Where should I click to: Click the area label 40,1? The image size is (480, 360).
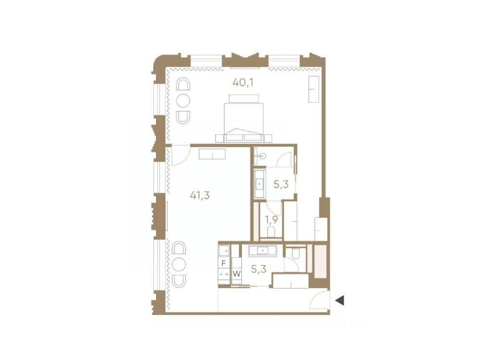(243, 83)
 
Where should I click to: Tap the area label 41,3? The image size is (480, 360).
(200, 195)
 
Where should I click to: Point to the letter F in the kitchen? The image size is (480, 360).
(224, 263)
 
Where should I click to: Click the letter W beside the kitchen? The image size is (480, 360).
(237, 274)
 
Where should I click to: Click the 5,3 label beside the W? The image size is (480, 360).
(259, 269)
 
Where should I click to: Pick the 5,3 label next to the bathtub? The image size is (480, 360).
(281, 184)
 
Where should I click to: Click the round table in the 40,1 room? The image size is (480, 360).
(183, 101)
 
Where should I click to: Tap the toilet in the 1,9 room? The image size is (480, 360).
(271, 232)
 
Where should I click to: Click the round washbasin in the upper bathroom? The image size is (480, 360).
(262, 156)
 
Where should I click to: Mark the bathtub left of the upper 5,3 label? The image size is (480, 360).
(260, 184)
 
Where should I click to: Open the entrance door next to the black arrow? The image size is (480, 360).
(320, 300)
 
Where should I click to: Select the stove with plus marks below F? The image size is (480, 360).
(224, 274)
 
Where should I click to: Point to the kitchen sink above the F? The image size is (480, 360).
(224, 251)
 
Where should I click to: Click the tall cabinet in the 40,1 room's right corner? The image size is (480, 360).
(314, 89)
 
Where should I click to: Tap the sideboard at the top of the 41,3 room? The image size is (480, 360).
(212, 154)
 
